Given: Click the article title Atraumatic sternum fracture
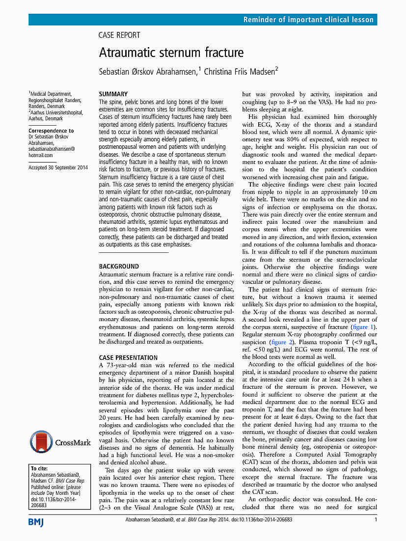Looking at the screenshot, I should point(171,53).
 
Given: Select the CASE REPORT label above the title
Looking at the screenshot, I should point(119,35).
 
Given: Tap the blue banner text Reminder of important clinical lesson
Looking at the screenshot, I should point(309,20).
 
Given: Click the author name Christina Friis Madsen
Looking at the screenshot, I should point(239,71).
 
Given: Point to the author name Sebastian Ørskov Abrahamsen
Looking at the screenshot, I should point(148,71).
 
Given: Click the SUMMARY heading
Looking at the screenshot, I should point(113,94).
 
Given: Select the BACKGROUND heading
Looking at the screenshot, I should point(119,267).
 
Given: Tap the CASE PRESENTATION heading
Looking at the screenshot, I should point(128,358).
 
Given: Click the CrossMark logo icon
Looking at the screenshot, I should point(41,441).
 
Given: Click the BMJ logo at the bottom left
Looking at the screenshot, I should point(36,521).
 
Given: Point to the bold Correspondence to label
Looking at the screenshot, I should point(51,131).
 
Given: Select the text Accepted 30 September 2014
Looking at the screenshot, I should point(58,168).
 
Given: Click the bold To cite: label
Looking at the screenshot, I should point(40,469).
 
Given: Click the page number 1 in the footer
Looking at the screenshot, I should point(376,519).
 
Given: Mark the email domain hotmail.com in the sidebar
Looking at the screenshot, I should point(41,155).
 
